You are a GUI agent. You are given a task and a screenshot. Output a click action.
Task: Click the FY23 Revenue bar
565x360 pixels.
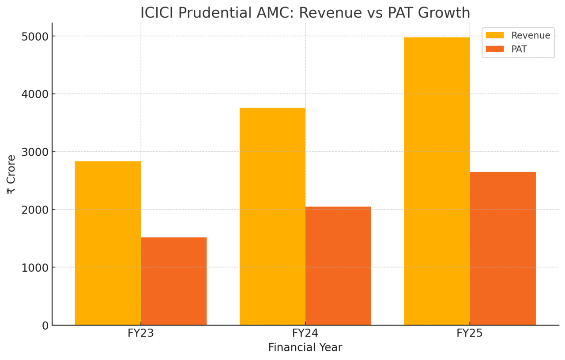pyautogui.click(x=108, y=243)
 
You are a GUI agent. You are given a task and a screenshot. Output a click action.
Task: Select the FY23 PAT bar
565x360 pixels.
pyautogui.click(x=173, y=281)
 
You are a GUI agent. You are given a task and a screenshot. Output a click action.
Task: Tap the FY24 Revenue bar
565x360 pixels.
pyautogui.click(x=272, y=216)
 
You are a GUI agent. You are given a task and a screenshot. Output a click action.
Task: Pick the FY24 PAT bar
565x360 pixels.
pyautogui.click(x=338, y=266)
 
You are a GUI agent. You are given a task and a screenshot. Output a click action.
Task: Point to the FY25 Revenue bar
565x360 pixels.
pyautogui.click(x=437, y=181)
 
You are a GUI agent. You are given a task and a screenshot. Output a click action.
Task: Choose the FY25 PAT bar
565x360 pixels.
pyautogui.click(x=503, y=248)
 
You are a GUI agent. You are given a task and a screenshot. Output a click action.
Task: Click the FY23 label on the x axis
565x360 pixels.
pyautogui.click(x=140, y=333)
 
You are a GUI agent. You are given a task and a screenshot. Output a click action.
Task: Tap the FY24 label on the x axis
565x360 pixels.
pyautogui.click(x=305, y=333)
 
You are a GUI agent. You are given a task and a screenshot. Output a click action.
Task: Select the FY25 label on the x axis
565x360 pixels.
pyautogui.click(x=470, y=333)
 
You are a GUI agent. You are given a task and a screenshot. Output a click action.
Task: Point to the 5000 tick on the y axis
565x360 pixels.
pyautogui.click(x=35, y=36)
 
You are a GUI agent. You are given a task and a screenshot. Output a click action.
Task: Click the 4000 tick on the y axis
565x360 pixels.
pyautogui.click(x=35, y=94)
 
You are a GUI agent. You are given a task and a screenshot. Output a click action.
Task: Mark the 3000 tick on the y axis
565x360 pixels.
pyautogui.click(x=35, y=152)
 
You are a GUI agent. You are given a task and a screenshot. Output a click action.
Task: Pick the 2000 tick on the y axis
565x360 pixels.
pyautogui.click(x=35, y=210)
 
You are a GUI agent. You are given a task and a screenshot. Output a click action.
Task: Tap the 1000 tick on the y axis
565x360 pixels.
pyautogui.click(x=35, y=267)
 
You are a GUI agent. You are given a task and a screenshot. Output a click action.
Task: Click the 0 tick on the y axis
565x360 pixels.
pyautogui.click(x=45, y=325)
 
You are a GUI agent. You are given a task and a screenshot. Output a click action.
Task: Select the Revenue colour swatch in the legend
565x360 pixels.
pyautogui.click(x=494, y=35)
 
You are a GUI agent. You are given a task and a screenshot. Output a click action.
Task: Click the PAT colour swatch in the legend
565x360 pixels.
pyautogui.click(x=494, y=49)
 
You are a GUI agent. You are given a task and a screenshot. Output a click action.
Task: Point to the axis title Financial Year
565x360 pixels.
pyautogui.click(x=305, y=348)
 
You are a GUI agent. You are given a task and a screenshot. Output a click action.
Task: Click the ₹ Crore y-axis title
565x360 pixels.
pyautogui.click(x=11, y=174)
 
